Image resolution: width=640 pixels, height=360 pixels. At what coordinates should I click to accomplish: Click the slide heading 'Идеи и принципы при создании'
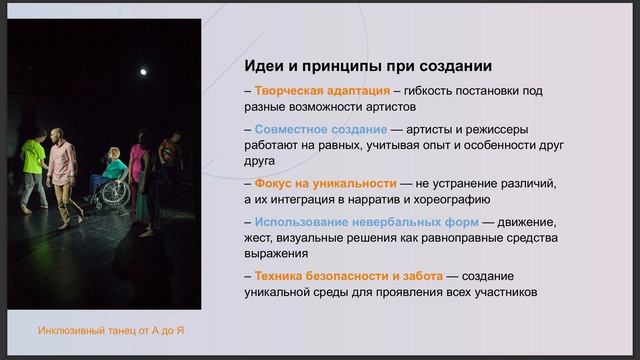[367, 66]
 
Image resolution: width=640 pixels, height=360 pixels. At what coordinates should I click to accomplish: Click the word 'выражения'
[276, 253]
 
